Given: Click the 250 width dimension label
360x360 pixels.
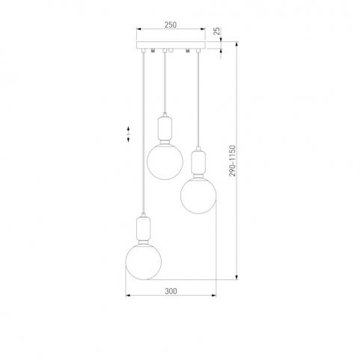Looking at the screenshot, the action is click(171, 25).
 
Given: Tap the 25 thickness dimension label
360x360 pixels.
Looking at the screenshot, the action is click(217, 31).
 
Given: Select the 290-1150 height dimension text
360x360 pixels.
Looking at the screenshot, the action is click(232, 161).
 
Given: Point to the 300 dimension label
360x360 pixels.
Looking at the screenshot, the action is click(171, 291).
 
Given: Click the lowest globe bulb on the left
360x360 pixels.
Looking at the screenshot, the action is click(144, 261).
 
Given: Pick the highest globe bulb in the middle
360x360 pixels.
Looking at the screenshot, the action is click(165, 162).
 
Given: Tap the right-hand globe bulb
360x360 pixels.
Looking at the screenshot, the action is click(198, 195).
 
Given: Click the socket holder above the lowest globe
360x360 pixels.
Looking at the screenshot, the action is click(143, 228).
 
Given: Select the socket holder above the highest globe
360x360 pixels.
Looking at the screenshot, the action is click(165, 129).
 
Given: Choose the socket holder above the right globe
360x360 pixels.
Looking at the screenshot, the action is click(198, 162).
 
